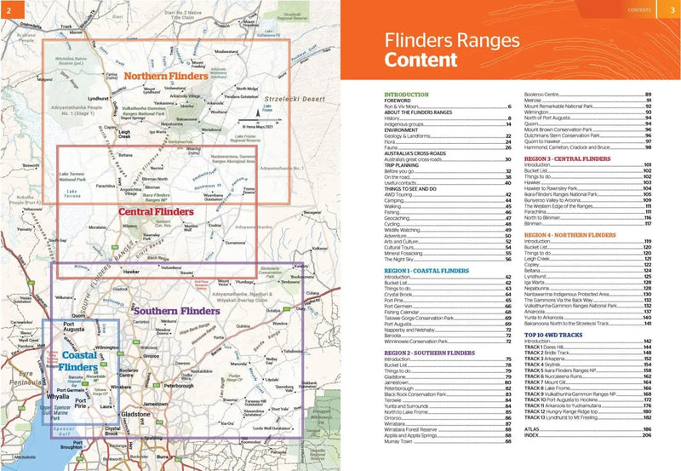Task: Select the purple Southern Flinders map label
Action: pyautogui.click(x=177, y=312)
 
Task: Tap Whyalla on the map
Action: pyautogui.click(x=58, y=396)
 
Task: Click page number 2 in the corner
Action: pyautogui.click(x=9, y=9)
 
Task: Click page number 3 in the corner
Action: pyautogui.click(x=671, y=9)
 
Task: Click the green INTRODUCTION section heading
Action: pyautogui.click(x=406, y=95)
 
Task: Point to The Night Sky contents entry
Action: pyautogui.click(x=401, y=258)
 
